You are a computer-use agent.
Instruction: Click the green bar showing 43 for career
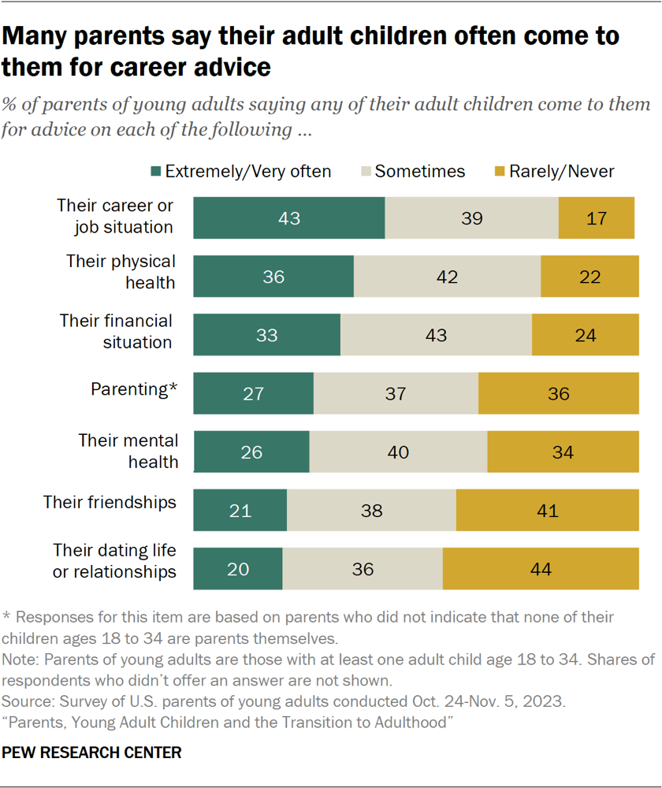(x=288, y=217)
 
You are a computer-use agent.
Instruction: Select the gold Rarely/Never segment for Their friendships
(x=547, y=511)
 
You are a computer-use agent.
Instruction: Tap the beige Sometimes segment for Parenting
(x=396, y=393)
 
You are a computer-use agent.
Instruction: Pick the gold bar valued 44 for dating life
(x=540, y=569)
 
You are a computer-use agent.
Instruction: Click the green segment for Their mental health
(x=251, y=452)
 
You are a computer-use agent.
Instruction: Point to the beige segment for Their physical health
(x=447, y=277)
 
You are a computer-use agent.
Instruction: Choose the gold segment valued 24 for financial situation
(x=585, y=335)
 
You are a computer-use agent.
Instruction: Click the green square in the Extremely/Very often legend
(x=156, y=172)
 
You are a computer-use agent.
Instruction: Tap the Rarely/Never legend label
(x=561, y=172)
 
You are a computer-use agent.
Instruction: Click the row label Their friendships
(x=121, y=502)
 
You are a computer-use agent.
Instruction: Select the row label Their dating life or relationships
(x=114, y=560)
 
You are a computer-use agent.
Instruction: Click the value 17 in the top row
(x=597, y=218)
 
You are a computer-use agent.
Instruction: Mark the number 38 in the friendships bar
(x=370, y=511)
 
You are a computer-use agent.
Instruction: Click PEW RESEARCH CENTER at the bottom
(x=91, y=753)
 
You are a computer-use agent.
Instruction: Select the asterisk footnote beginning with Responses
(x=308, y=626)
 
